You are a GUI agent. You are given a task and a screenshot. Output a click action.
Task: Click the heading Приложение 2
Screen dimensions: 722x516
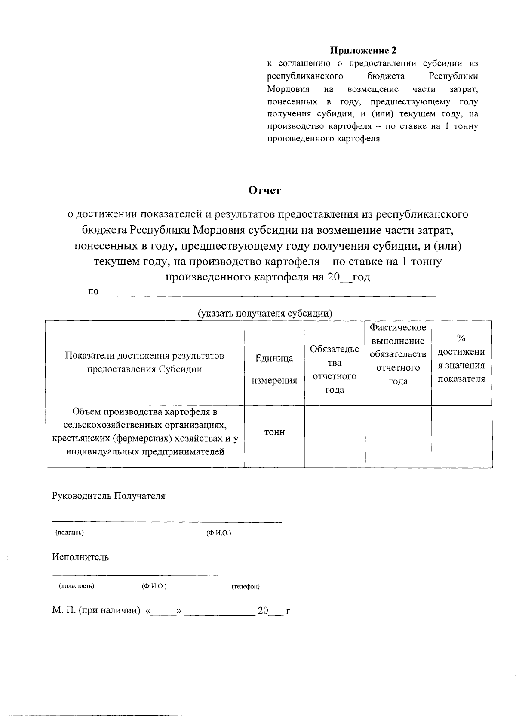(x=363, y=51)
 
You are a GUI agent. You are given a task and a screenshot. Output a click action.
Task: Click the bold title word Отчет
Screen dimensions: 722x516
(x=265, y=190)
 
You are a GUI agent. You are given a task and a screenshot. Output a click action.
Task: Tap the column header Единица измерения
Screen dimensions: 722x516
(x=274, y=369)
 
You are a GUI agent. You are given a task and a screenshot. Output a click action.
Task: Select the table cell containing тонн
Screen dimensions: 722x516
(x=274, y=432)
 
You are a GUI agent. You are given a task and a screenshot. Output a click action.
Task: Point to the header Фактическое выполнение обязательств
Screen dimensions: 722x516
(x=398, y=354)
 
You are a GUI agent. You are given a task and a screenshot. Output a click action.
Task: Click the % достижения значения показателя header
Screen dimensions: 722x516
(x=461, y=359)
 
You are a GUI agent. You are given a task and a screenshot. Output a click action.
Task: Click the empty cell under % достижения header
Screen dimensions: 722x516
(x=462, y=436)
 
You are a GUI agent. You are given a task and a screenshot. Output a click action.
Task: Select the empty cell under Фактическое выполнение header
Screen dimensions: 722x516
(x=398, y=436)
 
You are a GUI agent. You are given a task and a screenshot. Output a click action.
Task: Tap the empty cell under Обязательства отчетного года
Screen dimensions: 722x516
(x=335, y=436)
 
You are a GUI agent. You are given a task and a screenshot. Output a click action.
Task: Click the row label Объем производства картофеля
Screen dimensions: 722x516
(x=145, y=432)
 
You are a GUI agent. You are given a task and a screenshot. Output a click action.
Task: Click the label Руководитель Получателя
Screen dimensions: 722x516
(x=108, y=496)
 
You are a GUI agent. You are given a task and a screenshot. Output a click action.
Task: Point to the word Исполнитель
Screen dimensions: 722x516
(x=80, y=557)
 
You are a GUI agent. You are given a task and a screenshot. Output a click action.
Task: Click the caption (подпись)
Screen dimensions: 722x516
(x=70, y=533)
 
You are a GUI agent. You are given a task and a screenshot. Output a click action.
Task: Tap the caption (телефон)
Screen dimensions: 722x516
(x=245, y=586)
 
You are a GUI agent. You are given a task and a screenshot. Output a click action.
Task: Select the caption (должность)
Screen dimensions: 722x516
(x=77, y=586)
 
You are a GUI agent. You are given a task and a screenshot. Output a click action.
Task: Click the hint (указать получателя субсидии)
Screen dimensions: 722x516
(x=264, y=313)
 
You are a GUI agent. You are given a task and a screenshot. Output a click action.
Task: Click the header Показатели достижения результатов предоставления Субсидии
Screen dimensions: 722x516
(x=144, y=363)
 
